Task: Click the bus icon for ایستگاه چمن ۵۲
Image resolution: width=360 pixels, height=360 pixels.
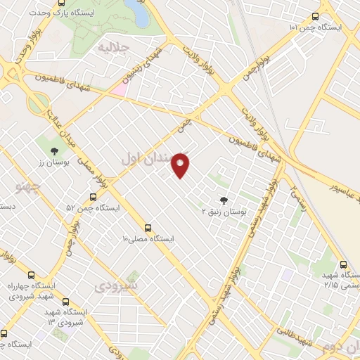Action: tap(93, 197)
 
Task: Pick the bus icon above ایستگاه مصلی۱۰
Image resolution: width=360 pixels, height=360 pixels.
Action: tap(148, 228)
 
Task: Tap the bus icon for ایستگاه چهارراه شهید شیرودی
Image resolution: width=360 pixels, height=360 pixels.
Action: tap(30, 275)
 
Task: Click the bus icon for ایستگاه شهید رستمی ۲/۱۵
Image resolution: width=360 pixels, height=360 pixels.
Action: tap(343, 265)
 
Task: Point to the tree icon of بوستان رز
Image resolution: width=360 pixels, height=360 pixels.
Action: tap(53, 150)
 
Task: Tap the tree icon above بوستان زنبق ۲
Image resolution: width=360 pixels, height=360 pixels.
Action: tap(224, 199)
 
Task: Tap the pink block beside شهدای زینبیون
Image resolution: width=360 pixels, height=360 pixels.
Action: tap(120, 89)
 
